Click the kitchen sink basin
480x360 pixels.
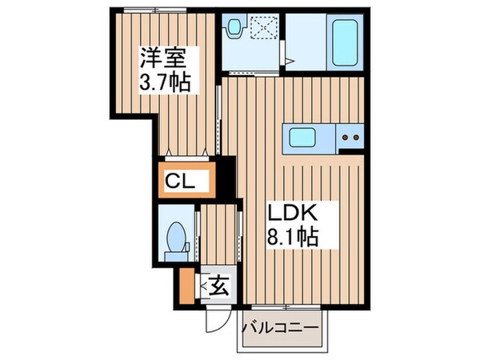point(306,137)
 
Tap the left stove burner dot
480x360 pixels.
point(346,137)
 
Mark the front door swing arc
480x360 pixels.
point(214,321)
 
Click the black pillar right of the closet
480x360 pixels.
point(228,178)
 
